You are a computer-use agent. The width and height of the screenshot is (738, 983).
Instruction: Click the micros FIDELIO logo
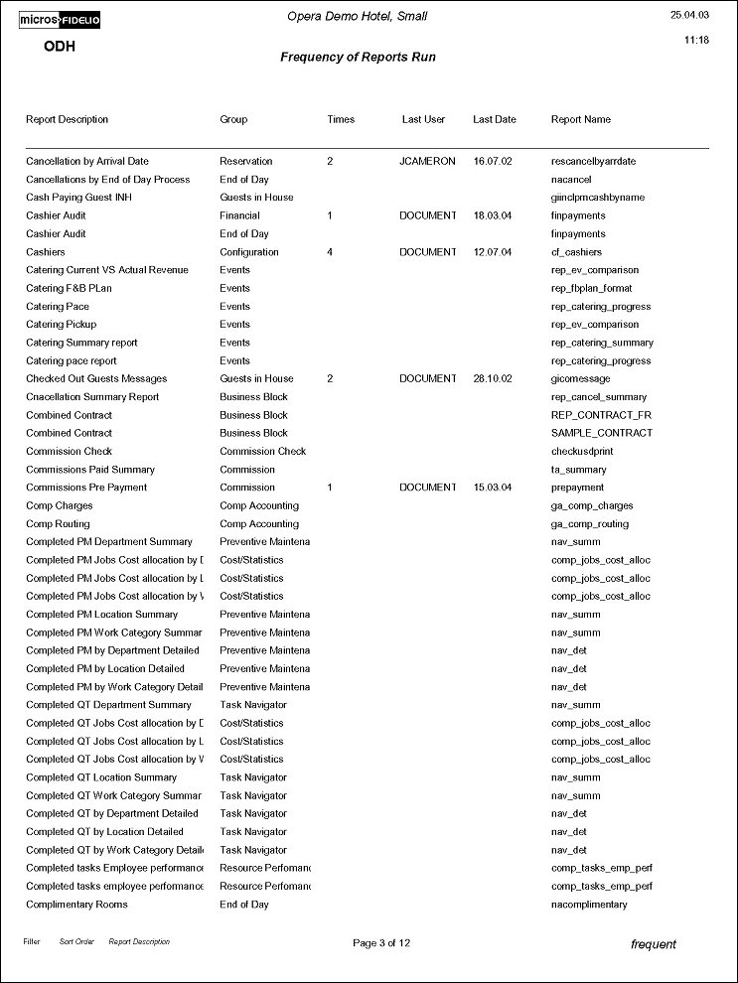pyautogui.click(x=61, y=20)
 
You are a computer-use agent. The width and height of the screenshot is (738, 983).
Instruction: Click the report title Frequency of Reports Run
pyautogui.click(x=358, y=58)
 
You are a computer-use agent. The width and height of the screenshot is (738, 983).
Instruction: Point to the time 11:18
pyautogui.click(x=696, y=41)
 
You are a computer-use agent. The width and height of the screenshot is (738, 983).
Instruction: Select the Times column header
pyautogui.click(x=341, y=120)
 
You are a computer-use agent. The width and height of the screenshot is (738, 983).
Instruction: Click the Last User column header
pyautogui.click(x=423, y=120)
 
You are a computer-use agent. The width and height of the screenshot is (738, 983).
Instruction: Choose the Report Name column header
pyautogui.click(x=581, y=120)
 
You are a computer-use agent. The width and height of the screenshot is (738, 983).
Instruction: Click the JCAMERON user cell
pyautogui.click(x=427, y=162)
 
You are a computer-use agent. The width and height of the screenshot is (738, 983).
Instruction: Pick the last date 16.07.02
pyautogui.click(x=494, y=162)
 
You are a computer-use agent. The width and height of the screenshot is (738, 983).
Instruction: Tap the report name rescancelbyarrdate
pyautogui.click(x=593, y=162)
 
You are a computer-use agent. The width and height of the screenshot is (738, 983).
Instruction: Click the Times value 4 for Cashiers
pyautogui.click(x=330, y=252)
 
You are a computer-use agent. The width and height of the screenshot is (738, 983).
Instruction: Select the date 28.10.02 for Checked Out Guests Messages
pyautogui.click(x=494, y=379)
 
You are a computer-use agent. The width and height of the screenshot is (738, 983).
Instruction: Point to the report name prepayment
pyautogui.click(x=577, y=488)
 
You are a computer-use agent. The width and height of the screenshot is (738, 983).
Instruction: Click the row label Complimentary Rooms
pyautogui.click(x=76, y=905)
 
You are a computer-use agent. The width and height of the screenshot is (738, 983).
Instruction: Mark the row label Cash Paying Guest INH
pyautogui.click(x=76, y=198)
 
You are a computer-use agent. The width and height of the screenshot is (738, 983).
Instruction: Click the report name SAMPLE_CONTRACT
pyautogui.click(x=602, y=433)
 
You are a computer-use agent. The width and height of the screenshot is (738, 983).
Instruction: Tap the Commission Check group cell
pyautogui.click(x=262, y=452)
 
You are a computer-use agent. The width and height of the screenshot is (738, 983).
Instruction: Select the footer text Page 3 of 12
pyautogui.click(x=381, y=943)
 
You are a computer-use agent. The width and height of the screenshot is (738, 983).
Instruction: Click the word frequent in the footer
pyautogui.click(x=653, y=944)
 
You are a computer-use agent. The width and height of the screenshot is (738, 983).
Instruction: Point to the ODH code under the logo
pyautogui.click(x=60, y=47)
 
